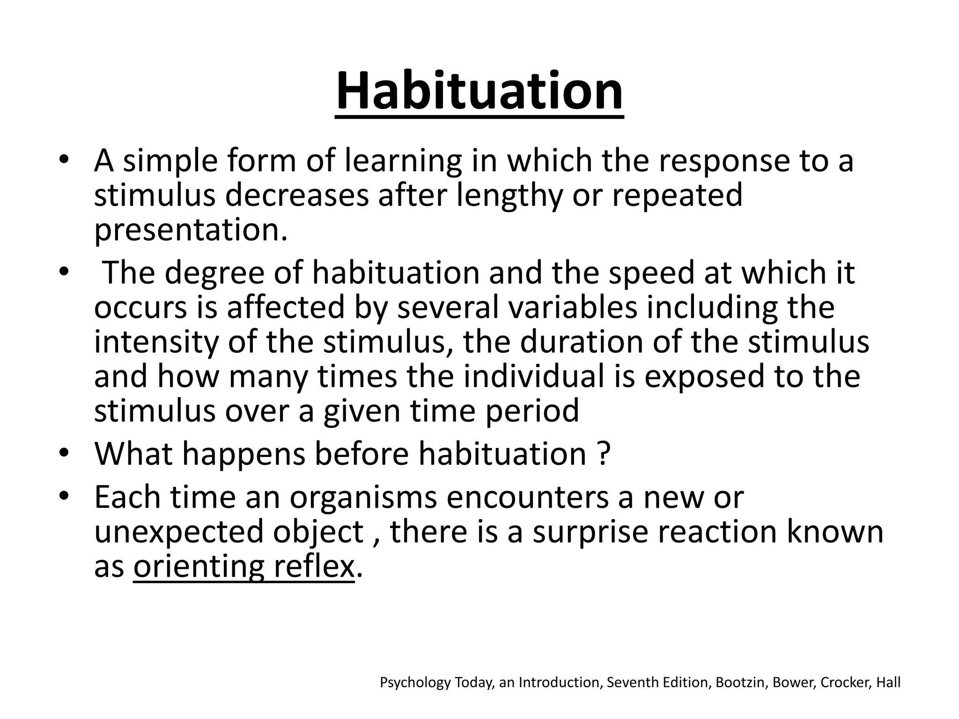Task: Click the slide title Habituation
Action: pyautogui.click(x=479, y=91)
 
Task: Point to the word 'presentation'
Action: pyautogui.click(x=187, y=230)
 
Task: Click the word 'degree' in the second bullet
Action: pyautogui.click(x=214, y=273)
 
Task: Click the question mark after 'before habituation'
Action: pyautogui.click(x=604, y=454)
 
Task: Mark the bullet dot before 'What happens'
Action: pyautogui.click(x=64, y=453)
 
